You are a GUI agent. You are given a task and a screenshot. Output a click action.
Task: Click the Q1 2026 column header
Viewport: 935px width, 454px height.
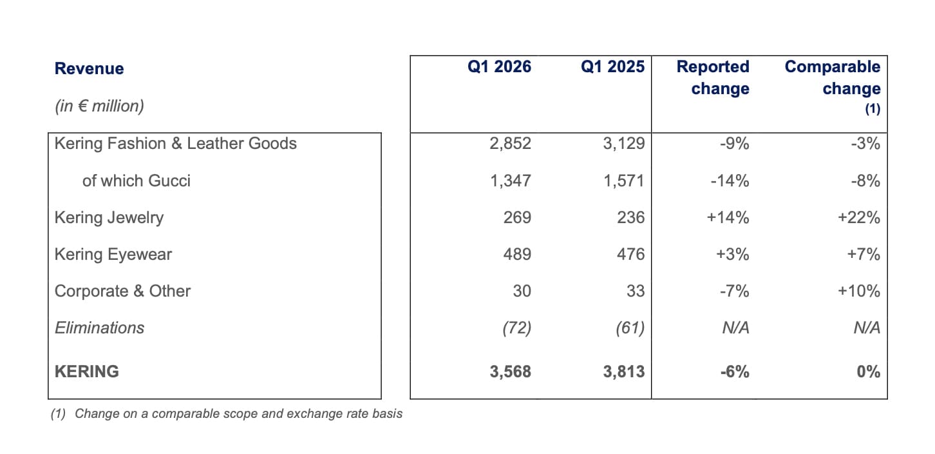tap(499, 66)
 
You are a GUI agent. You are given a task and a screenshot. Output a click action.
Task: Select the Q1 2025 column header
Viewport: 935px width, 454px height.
tap(612, 66)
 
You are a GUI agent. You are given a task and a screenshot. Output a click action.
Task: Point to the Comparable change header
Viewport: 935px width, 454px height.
tap(832, 77)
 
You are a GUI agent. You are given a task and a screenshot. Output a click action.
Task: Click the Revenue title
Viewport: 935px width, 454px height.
tap(90, 69)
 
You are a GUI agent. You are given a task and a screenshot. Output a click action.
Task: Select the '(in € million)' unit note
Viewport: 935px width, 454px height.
tap(99, 106)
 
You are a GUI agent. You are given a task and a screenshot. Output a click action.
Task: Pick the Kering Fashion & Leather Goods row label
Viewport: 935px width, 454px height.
tap(176, 143)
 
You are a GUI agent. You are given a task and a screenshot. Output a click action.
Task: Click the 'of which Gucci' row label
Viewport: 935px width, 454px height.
tap(137, 181)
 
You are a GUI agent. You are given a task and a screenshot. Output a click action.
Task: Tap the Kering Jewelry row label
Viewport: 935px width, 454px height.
tap(109, 217)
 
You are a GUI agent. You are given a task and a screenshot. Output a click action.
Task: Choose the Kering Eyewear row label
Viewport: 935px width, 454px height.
tap(113, 254)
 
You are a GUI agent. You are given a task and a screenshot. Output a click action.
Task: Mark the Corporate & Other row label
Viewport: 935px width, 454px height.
tap(122, 291)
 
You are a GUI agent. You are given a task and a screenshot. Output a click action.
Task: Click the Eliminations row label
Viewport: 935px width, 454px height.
tap(99, 328)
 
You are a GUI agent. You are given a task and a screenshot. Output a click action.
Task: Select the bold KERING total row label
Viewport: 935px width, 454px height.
tap(87, 371)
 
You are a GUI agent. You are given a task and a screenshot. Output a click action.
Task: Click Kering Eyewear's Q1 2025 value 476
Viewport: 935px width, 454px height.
tap(630, 254)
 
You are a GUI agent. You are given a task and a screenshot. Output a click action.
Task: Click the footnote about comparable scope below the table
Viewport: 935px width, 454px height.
tap(227, 414)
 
